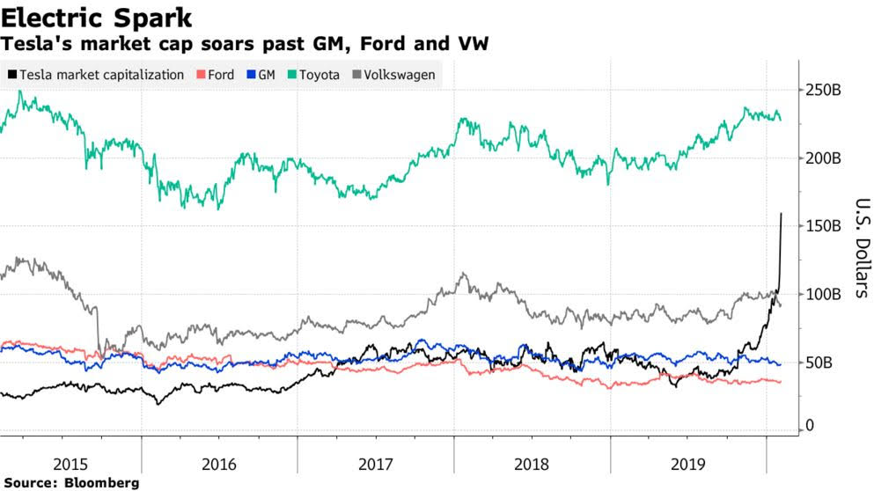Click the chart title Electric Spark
(x=98, y=17)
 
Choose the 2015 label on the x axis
(x=71, y=463)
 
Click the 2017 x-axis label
(x=376, y=463)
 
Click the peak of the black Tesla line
(x=782, y=214)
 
